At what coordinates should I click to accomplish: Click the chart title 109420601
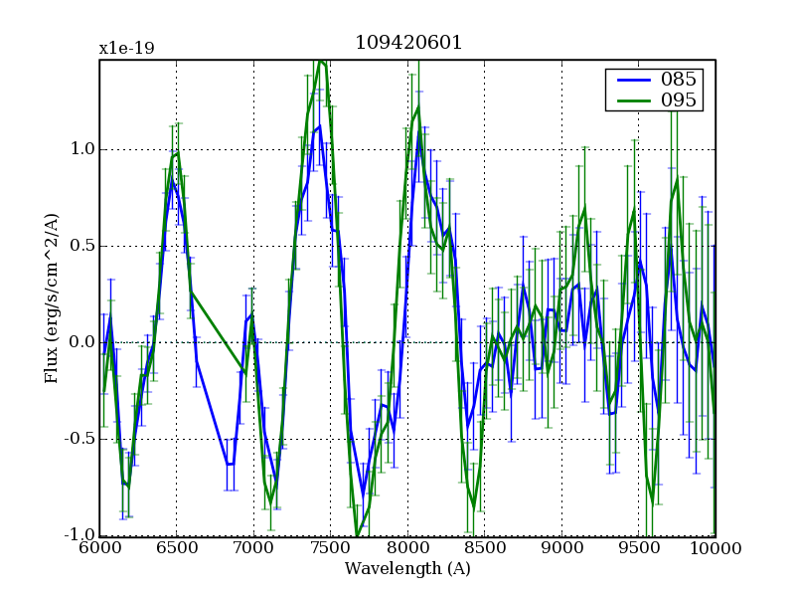[x=407, y=43]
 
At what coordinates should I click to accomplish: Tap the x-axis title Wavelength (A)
[x=407, y=569]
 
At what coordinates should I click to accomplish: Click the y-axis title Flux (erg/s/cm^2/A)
[x=52, y=298]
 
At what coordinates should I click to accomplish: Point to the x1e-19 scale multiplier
[x=126, y=48]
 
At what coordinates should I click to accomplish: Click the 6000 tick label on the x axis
[x=99, y=548]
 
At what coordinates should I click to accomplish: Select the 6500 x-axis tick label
[x=176, y=548]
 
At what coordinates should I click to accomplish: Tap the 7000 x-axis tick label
[x=253, y=548]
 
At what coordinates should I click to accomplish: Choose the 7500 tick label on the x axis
[x=330, y=548]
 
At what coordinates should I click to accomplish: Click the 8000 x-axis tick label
[x=407, y=548]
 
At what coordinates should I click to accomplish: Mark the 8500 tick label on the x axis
[x=484, y=548]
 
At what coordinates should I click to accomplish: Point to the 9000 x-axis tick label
[x=561, y=548]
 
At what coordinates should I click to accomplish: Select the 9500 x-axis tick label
[x=638, y=548]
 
